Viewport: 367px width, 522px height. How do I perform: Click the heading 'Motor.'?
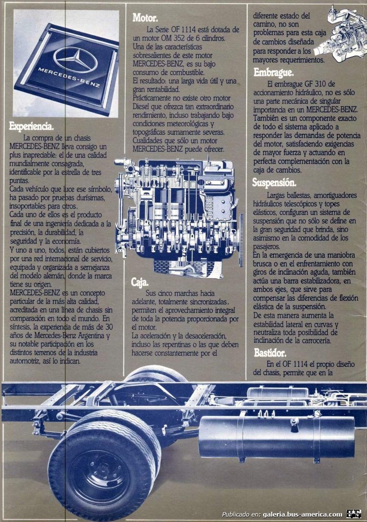(145, 18)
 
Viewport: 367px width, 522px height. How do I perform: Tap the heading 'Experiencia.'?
(31, 126)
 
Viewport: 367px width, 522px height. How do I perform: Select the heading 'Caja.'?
(140, 282)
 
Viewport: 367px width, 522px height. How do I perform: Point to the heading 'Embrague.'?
(273, 72)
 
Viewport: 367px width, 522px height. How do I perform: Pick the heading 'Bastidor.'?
(270, 352)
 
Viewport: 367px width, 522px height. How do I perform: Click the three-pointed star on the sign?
(75, 59)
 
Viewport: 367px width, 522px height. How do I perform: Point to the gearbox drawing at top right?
(338, 34)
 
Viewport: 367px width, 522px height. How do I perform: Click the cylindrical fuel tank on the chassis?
(276, 437)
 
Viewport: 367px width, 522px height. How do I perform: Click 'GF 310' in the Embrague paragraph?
(322, 84)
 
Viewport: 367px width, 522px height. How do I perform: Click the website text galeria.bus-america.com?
(302, 514)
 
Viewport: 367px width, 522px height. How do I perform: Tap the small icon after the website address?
(354, 514)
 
